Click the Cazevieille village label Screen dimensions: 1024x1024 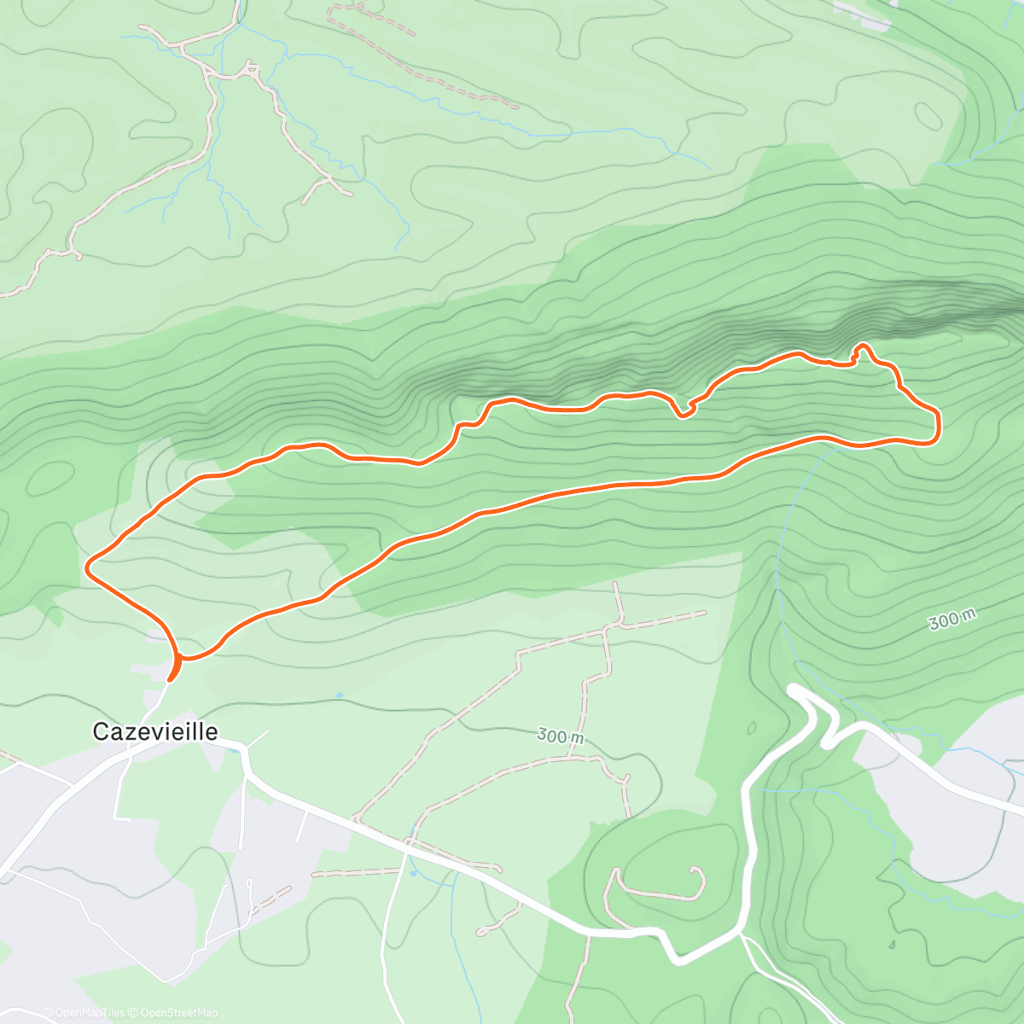point(154,731)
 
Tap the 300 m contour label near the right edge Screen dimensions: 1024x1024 point(951,620)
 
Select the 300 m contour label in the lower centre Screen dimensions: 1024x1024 point(561,735)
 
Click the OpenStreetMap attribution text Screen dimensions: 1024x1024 point(178,1013)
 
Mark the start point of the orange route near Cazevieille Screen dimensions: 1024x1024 point(172,678)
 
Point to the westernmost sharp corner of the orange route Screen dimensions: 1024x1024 point(87,564)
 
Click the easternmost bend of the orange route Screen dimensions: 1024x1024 point(939,425)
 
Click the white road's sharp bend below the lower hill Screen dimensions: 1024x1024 point(678,957)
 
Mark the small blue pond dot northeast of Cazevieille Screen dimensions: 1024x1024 point(339,695)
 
